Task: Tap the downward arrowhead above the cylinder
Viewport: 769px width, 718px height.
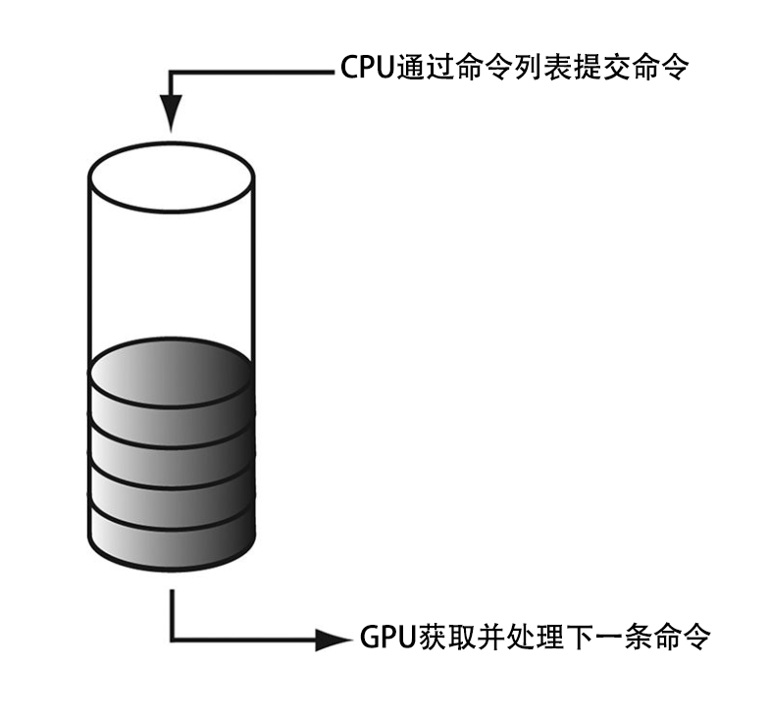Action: pyautogui.click(x=172, y=112)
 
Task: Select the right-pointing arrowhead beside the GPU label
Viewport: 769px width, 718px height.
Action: pyautogui.click(x=330, y=639)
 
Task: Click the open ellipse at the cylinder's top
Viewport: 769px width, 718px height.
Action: pyautogui.click(x=172, y=178)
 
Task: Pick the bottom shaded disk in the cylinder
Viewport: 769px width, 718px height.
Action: pyautogui.click(x=172, y=544)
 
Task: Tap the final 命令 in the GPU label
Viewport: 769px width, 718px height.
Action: pyautogui.click(x=679, y=639)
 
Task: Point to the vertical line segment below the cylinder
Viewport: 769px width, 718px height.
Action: pyautogui.click(x=172, y=613)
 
